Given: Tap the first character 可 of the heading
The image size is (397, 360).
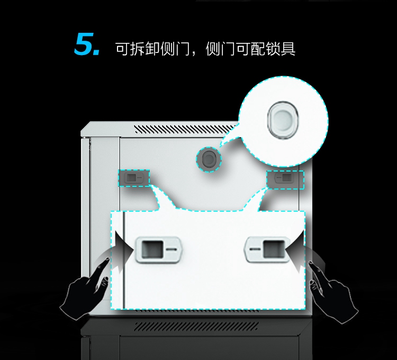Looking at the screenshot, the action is coord(123,49).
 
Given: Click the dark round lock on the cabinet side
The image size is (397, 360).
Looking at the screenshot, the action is coord(207,158).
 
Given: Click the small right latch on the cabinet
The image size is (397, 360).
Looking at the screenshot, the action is coord(285,179).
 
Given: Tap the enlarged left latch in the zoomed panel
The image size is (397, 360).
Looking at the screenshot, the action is coord(159,250).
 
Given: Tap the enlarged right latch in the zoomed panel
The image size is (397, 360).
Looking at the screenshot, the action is coord(266,249).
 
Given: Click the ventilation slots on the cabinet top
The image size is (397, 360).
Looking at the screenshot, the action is coord(183,129).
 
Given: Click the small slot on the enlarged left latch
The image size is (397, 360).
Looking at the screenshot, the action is coord(170,249).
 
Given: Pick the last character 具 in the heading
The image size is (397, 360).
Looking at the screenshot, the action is coord(287,49).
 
